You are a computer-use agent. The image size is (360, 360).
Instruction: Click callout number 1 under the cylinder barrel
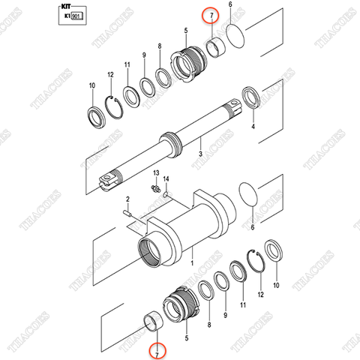coord(192,264)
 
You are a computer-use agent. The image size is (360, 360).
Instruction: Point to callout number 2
coord(128,199)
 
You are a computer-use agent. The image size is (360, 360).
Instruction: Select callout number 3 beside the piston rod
coord(200,153)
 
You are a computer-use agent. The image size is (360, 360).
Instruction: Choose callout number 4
coord(253,127)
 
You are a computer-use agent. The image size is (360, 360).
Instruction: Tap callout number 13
coord(155,172)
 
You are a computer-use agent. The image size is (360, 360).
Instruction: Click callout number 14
coord(167,179)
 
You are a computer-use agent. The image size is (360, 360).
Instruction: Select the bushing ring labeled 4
coord(251,98)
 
